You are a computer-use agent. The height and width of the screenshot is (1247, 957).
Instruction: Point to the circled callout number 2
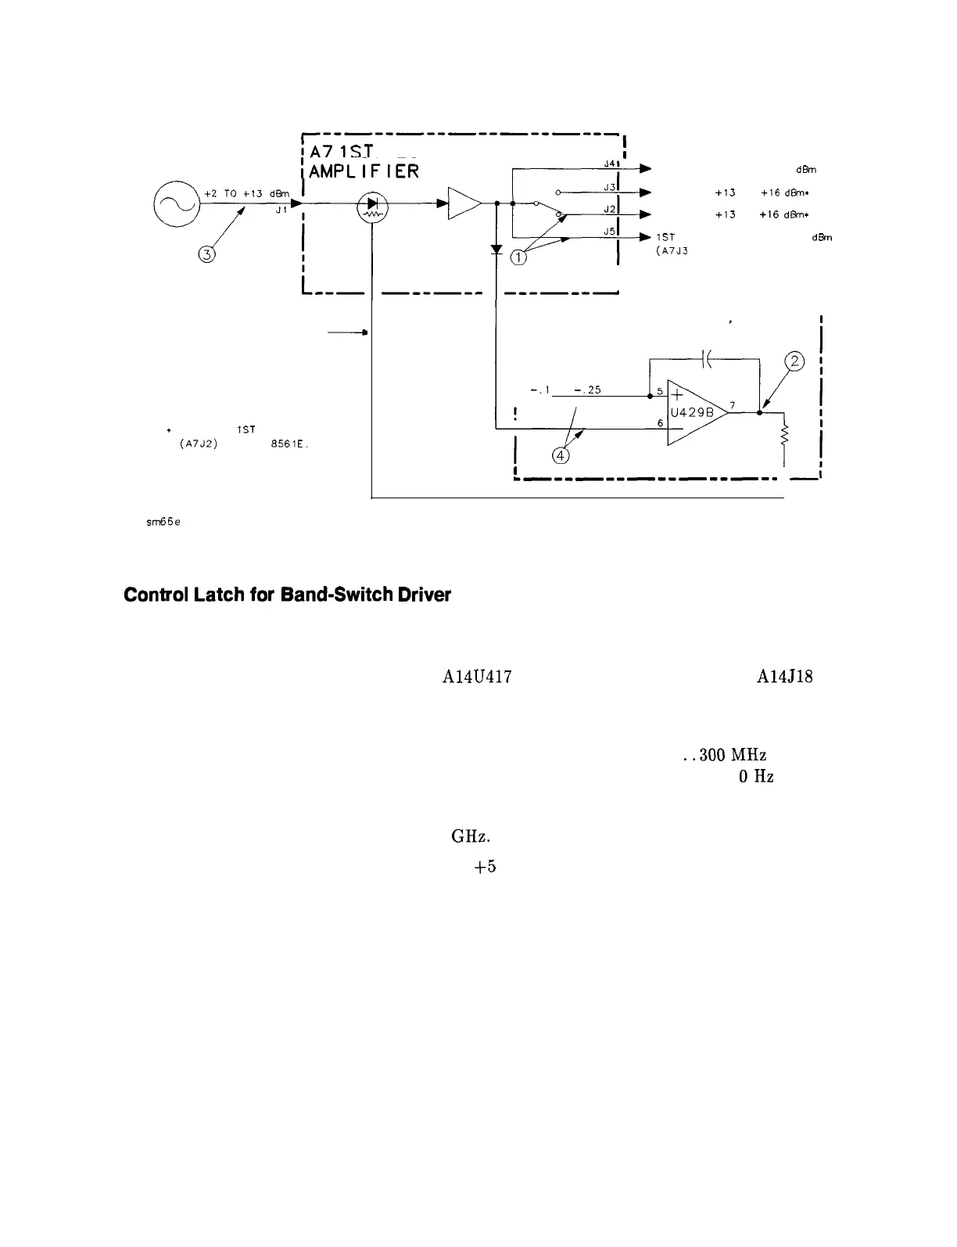794,361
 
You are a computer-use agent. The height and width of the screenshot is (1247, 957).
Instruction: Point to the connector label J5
611,231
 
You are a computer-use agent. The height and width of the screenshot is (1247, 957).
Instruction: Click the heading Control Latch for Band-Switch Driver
287,595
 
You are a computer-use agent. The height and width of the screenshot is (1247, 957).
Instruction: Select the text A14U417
476,677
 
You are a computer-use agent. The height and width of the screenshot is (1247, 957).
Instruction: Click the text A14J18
784,677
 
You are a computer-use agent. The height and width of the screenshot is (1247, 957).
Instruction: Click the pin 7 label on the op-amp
732,404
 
